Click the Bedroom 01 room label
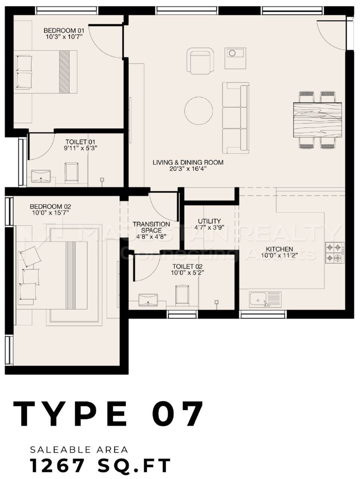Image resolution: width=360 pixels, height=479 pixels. (64, 30)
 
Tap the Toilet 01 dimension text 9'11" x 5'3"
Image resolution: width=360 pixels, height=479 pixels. (80, 148)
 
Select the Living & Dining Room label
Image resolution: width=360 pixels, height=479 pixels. (188, 162)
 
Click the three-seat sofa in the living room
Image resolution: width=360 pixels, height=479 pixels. (236, 118)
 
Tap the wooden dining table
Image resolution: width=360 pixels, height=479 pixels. (317, 120)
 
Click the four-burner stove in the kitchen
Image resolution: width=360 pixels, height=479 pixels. (335, 253)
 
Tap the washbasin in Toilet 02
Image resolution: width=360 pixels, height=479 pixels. (148, 300)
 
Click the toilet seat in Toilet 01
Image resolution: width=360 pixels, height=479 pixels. (71, 172)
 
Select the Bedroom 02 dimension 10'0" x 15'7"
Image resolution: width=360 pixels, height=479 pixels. (51, 213)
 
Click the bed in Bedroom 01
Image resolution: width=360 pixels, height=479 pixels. (46, 72)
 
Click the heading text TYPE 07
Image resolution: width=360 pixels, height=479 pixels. (108, 413)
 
